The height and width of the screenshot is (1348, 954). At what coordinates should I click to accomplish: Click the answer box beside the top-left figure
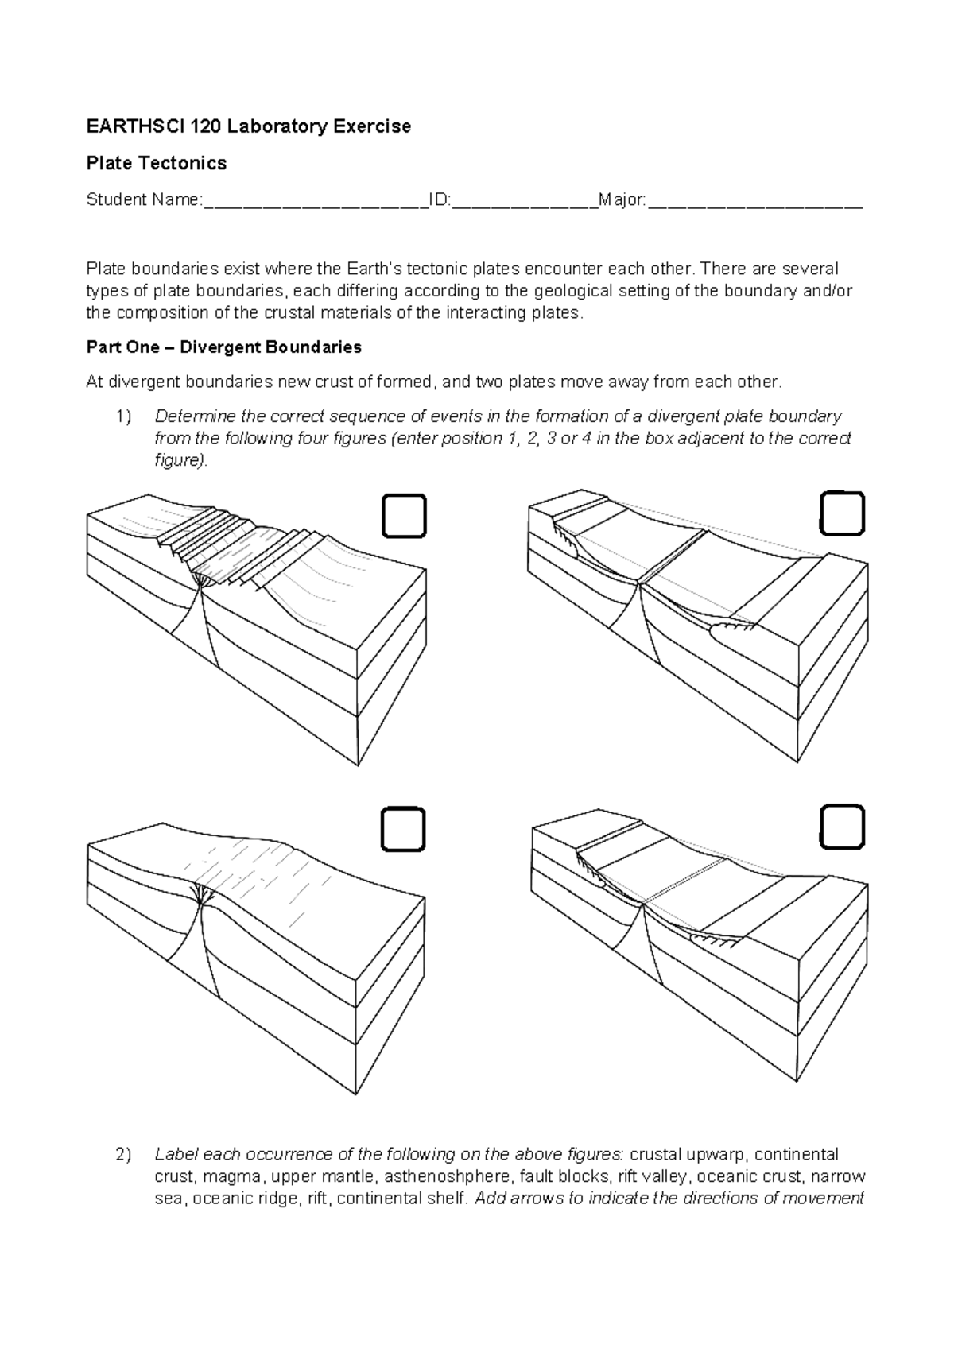point(404,516)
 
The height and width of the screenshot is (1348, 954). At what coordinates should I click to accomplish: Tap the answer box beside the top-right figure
point(841,513)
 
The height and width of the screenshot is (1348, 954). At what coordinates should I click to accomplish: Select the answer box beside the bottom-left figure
point(402,830)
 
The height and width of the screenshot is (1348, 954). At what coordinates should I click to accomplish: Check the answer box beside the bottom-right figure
point(841,827)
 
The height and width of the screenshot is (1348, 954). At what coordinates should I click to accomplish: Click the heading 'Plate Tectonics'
point(156,163)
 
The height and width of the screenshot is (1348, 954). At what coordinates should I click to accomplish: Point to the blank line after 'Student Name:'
point(316,200)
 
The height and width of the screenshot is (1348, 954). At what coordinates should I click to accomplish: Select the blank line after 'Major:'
point(754,200)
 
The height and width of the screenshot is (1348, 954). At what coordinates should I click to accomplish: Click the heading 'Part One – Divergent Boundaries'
point(223,347)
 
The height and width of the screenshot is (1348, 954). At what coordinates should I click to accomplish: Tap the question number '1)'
point(122,416)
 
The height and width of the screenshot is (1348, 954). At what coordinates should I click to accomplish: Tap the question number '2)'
point(122,1154)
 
